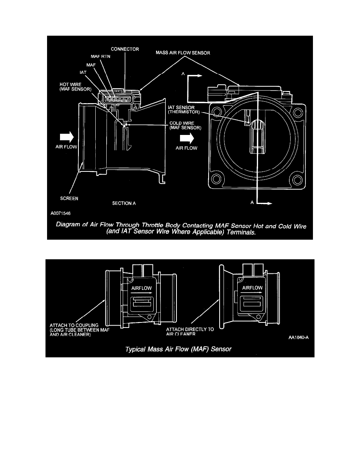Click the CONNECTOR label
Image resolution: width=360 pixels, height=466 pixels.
click(x=125, y=49)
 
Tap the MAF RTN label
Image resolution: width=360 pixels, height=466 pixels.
click(x=101, y=57)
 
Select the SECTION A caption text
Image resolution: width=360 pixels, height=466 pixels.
click(x=124, y=203)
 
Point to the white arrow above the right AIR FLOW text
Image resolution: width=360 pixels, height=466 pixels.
click(x=188, y=138)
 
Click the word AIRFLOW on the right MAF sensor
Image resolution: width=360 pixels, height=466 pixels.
click(x=252, y=288)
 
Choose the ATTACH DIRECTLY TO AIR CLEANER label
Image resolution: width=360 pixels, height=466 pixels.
click(x=189, y=332)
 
